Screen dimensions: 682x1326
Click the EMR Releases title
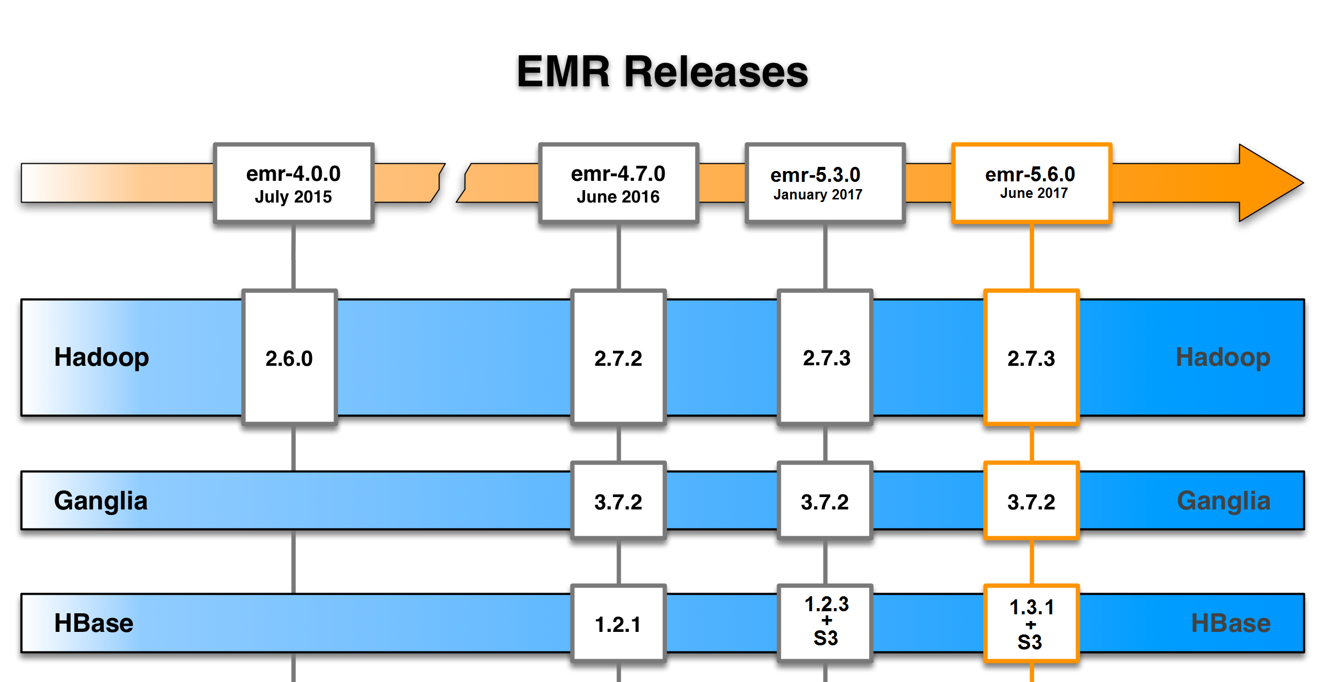(x=662, y=72)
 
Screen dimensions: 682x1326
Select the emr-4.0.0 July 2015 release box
(x=293, y=183)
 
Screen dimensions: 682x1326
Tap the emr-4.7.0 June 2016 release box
(x=618, y=183)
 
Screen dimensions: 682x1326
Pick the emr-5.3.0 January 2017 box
(x=825, y=183)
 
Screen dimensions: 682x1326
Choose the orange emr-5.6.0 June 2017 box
(x=1031, y=183)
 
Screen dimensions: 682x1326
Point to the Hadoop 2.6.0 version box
(x=289, y=358)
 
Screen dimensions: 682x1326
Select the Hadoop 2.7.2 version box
(x=618, y=358)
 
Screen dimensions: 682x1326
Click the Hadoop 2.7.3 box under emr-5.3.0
(x=825, y=358)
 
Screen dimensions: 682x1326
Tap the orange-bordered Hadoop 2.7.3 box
(x=1031, y=358)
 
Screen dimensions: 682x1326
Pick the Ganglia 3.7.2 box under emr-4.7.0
(x=618, y=501)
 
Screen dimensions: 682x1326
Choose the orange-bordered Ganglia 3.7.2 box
(x=1031, y=501)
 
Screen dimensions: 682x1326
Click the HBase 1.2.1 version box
(x=618, y=624)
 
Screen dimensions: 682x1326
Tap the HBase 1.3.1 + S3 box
(x=1031, y=624)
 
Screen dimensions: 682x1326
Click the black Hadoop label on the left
(x=102, y=358)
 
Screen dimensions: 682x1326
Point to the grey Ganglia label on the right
(x=1223, y=501)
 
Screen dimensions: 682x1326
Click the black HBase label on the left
(x=93, y=623)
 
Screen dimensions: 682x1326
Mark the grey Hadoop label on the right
(x=1223, y=358)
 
